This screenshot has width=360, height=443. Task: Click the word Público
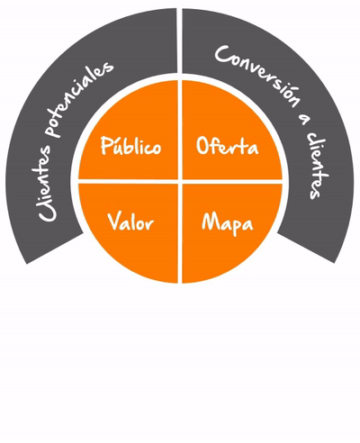[130, 146]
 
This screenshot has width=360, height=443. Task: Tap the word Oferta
[227, 146]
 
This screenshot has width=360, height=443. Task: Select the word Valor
[130, 222]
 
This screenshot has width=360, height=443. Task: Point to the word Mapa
[228, 224]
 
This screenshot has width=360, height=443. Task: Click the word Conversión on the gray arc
[257, 75]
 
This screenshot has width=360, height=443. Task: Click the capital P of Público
[106, 146]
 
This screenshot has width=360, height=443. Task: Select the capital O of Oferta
[203, 146]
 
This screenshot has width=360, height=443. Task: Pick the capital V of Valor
[114, 221]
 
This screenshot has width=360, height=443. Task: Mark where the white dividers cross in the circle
[180, 182]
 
